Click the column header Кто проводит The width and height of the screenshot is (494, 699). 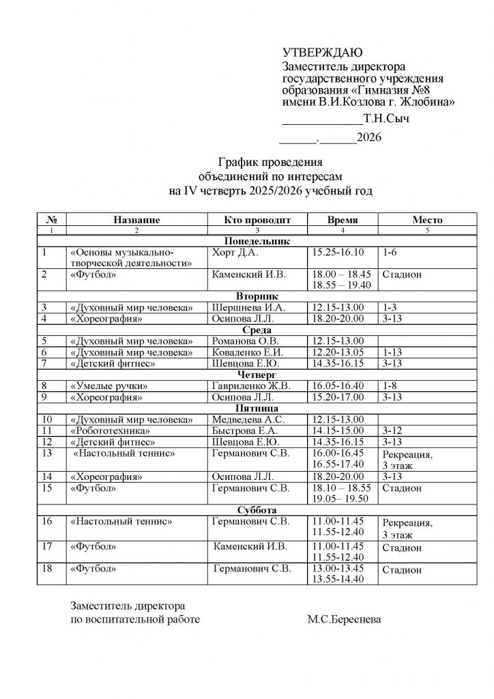tap(257, 220)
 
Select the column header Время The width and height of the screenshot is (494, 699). tap(343, 220)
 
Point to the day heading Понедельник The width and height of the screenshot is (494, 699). tap(257, 241)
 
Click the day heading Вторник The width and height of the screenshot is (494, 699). tap(257, 297)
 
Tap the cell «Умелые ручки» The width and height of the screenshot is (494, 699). tap(109, 386)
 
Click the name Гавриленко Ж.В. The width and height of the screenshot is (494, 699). tap(251, 386)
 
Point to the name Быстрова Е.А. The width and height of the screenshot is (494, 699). tap(245, 431)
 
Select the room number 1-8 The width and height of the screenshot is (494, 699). tap(390, 386)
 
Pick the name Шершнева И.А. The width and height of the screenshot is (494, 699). tap(246, 307)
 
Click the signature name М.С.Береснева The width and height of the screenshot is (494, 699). tap(345, 620)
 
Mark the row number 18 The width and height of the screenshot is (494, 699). tap(47, 568)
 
